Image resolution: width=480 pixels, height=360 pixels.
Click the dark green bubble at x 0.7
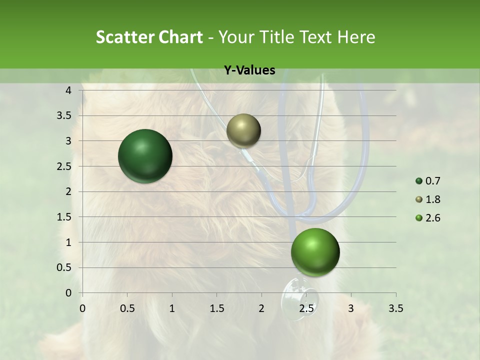click(x=145, y=156)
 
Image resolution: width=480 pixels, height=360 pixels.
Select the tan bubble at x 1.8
click(x=243, y=130)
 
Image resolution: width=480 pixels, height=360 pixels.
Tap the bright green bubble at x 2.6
click(x=315, y=252)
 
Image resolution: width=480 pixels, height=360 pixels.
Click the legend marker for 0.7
click(x=419, y=181)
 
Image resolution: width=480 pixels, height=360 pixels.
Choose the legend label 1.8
click(x=433, y=199)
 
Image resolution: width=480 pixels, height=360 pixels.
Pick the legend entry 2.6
click(x=433, y=218)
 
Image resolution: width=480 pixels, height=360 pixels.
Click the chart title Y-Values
click(x=249, y=70)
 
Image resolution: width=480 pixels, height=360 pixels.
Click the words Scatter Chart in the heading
click(x=149, y=37)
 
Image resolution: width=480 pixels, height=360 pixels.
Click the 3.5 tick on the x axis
click(x=395, y=308)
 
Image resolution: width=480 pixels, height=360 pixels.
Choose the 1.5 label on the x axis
click(x=217, y=308)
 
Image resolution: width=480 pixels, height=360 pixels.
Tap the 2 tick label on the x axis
click(x=261, y=308)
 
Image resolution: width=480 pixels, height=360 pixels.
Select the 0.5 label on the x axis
click(x=127, y=308)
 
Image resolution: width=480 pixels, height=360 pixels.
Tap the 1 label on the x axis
click(x=172, y=308)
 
